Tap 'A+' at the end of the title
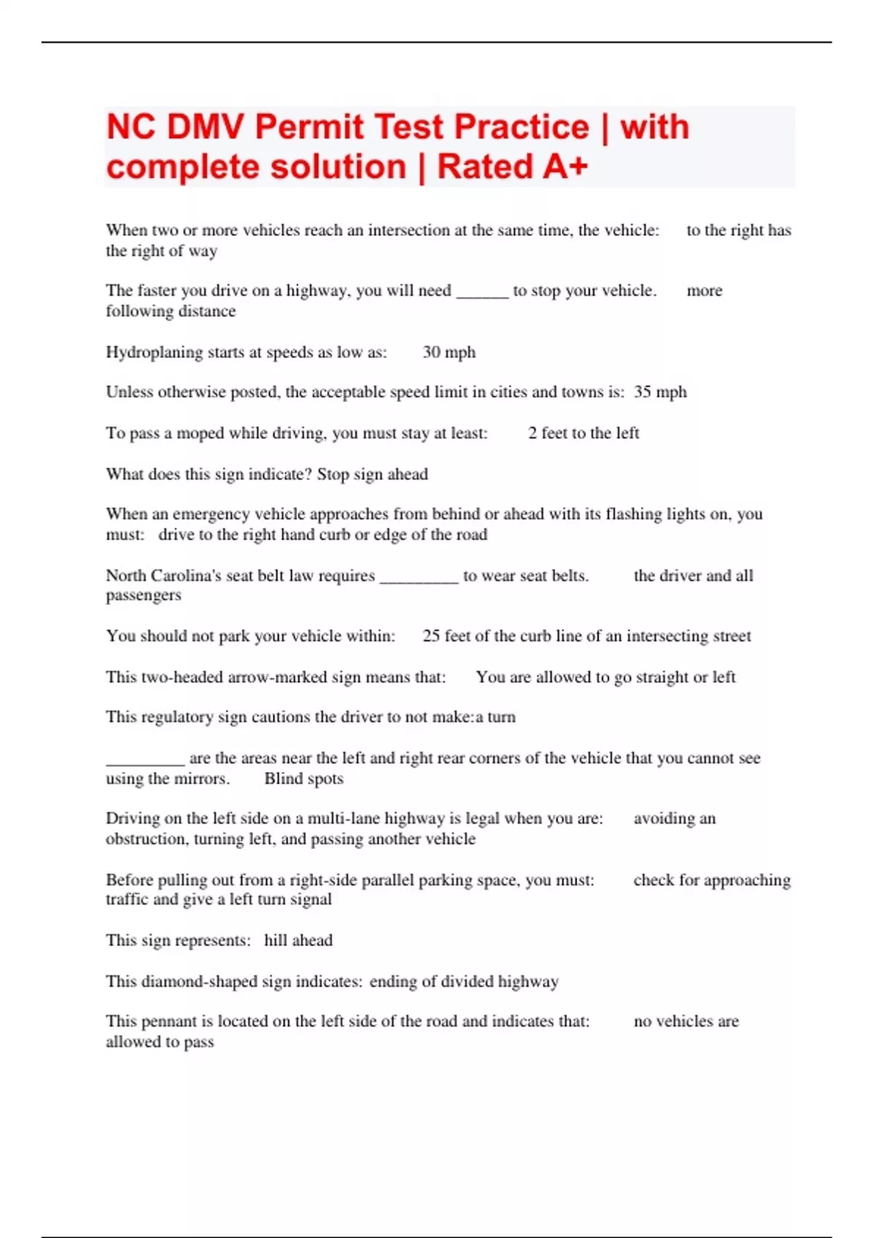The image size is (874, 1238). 564,167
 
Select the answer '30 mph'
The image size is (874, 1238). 449,352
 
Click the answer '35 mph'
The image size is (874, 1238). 660,392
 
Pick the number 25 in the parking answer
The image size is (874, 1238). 431,636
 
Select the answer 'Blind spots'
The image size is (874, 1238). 304,778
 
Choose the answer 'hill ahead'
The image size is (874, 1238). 298,940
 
